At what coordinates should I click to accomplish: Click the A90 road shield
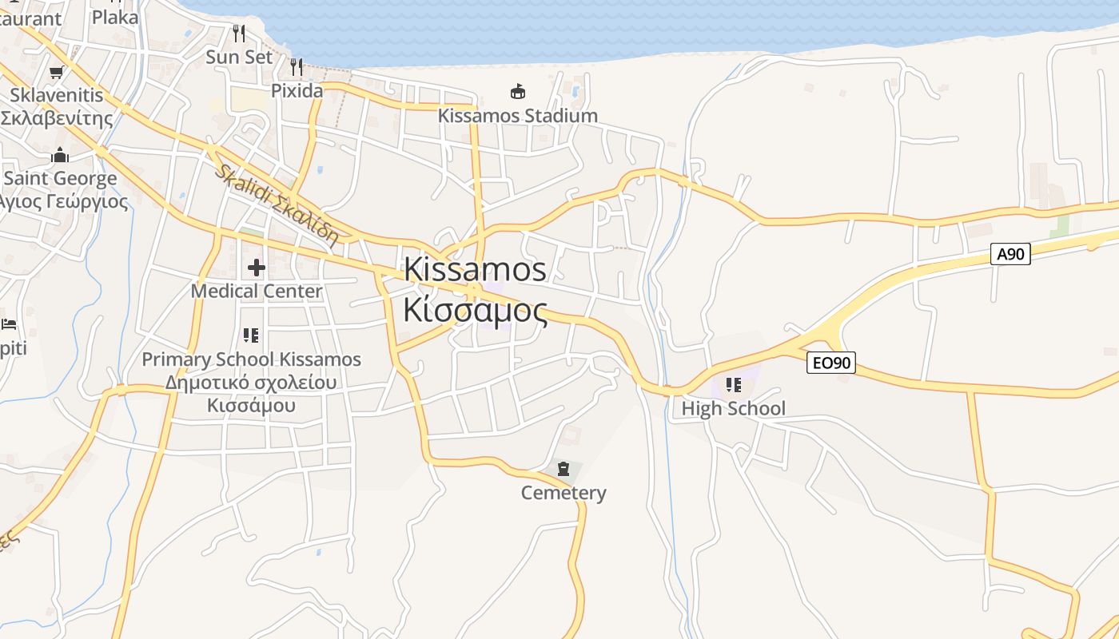(x=1010, y=254)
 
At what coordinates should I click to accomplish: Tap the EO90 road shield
(x=831, y=363)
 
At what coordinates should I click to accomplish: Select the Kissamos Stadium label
(x=517, y=115)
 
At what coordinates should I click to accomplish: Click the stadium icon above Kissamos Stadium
(x=518, y=92)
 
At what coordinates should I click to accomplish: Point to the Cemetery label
(x=563, y=493)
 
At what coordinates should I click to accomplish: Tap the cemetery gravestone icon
(x=563, y=469)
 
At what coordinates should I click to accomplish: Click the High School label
(x=733, y=408)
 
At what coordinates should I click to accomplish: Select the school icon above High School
(x=733, y=386)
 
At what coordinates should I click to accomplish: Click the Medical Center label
(x=256, y=291)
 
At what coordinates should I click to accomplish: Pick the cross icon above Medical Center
(x=256, y=268)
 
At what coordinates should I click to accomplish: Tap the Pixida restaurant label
(x=297, y=90)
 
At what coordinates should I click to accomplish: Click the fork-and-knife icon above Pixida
(x=297, y=66)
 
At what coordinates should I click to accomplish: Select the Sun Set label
(x=239, y=57)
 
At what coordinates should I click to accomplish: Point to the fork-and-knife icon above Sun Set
(x=239, y=33)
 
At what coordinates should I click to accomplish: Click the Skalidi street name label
(x=276, y=204)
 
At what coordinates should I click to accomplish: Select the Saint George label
(x=61, y=178)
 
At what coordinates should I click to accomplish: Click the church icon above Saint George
(x=60, y=155)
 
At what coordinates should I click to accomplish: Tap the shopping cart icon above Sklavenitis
(x=56, y=73)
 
